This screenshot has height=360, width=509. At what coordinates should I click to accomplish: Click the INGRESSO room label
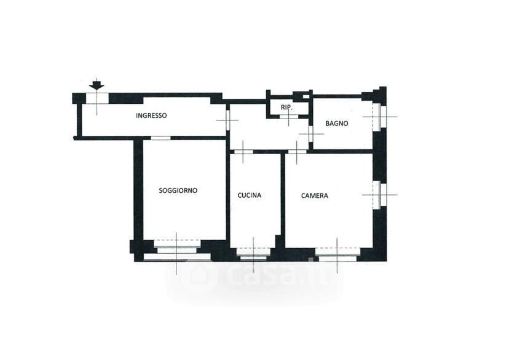click(x=151, y=115)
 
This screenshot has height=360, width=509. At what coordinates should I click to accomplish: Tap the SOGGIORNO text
click(x=178, y=190)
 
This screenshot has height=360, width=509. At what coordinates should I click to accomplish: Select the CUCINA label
click(x=250, y=195)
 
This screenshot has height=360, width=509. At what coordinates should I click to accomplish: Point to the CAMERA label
click(x=315, y=195)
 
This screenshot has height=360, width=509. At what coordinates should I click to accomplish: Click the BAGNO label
click(x=337, y=123)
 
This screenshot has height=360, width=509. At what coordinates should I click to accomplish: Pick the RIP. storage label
click(x=286, y=108)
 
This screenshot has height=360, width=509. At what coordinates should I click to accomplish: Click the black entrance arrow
click(x=97, y=84)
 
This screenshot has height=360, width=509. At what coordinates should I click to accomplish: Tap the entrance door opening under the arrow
click(x=97, y=98)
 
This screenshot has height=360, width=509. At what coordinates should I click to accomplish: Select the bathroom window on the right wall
click(x=379, y=117)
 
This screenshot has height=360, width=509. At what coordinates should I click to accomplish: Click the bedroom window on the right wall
click(x=380, y=195)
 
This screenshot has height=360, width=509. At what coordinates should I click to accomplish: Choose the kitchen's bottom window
click(x=253, y=254)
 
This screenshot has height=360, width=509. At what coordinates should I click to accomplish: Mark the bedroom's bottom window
click(x=337, y=254)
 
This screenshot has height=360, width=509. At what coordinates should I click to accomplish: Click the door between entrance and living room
click(x=160, y=138)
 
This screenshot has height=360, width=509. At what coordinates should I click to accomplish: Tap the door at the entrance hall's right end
click(x=228, y=120)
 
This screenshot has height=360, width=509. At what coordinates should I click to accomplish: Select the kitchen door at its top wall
click(x=243, y=152)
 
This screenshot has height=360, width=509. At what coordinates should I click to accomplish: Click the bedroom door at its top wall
click(x=297, y=152)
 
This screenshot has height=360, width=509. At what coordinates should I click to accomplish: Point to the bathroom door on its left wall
click(x=310, y=134)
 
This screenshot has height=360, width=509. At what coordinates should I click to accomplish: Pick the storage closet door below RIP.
click(x=289, y=115)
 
